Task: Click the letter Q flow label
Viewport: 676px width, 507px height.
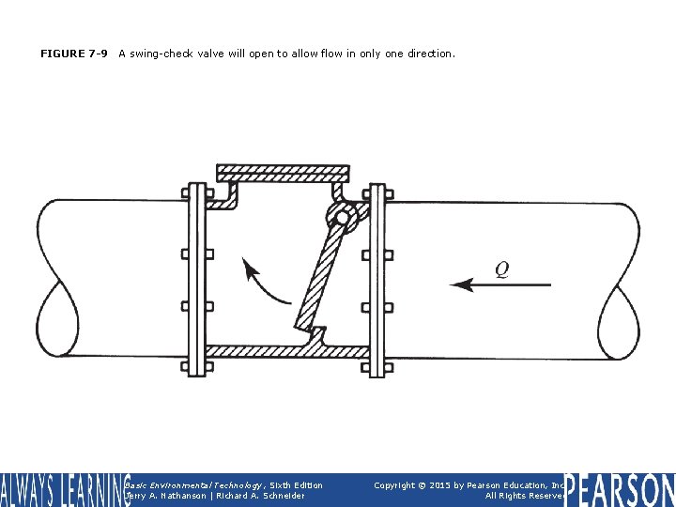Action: pyautogui.click(x=502, y=269)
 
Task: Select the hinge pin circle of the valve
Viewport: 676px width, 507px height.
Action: pyautogui.click(x=342, y=219)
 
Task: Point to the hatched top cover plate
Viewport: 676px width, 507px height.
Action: pyautogui.click(x=282, y=174)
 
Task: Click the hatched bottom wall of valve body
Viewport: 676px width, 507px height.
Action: pyautogui.click(x=282, y=351)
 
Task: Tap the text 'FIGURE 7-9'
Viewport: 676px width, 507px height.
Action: pyautogui.click(x=74, y=54)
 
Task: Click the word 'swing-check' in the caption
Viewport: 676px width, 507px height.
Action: pyautogui.click(x=161, y=54)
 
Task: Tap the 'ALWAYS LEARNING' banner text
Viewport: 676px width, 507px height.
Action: pyautogui.click(x=64, y=490)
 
